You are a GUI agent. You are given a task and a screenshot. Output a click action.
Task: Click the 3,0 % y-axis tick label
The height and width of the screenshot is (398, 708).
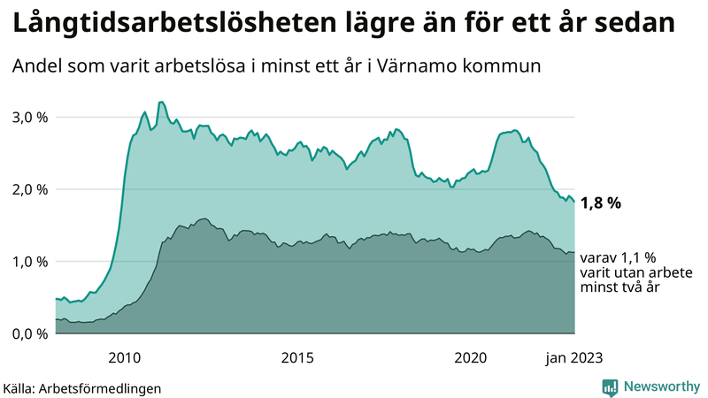29,117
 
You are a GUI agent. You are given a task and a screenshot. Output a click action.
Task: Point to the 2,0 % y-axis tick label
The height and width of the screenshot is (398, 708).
29,189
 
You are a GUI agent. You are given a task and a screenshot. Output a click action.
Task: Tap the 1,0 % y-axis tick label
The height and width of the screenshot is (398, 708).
29,262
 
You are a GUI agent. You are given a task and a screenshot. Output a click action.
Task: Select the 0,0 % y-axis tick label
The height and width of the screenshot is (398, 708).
29,333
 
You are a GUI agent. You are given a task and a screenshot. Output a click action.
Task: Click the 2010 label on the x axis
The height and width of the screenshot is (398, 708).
124,357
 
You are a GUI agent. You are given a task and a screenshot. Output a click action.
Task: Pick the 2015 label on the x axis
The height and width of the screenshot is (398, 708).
297,357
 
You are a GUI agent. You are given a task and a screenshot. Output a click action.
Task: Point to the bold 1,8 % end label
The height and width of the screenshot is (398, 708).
601,203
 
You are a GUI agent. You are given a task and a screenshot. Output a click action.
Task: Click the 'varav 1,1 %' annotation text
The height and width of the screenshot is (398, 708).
619,257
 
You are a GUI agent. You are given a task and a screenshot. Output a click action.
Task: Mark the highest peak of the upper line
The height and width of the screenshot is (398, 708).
160,102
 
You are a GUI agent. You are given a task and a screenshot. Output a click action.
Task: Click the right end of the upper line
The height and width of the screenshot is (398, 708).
574,203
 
